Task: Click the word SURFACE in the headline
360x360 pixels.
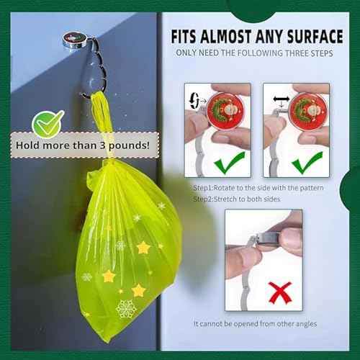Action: coord(315,37)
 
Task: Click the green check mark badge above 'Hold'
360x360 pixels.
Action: coord(48,124)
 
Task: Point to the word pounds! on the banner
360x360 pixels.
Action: coord(129,145)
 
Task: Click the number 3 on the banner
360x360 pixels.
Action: coord(103,145)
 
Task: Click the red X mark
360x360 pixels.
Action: coord(280,293)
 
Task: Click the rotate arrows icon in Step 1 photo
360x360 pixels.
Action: coord(194,101)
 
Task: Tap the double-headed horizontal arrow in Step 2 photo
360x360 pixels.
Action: coord(282,99)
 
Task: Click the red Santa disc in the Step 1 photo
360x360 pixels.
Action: coord(225,110)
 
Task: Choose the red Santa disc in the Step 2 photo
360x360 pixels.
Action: coord(308,110)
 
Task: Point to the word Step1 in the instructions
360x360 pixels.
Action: coord(203,188)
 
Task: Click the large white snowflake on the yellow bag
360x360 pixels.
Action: coord(126,309)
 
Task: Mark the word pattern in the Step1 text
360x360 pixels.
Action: coord(311,188)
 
